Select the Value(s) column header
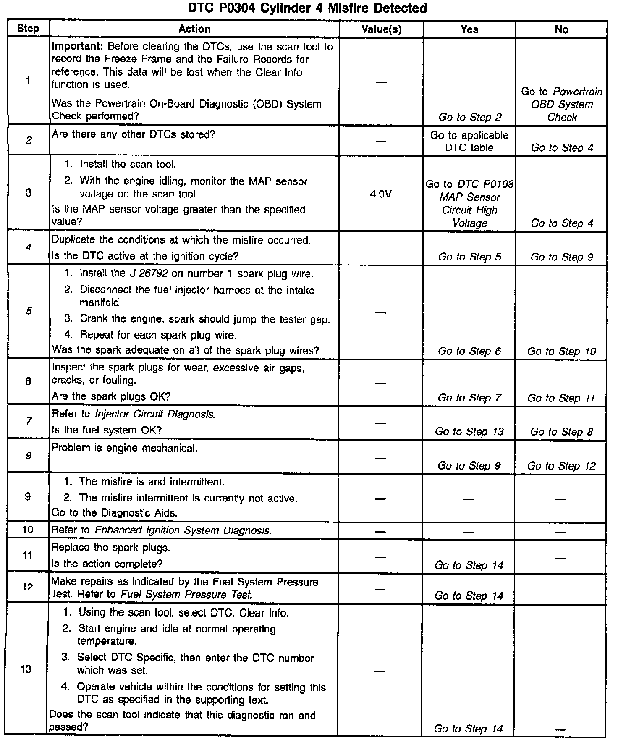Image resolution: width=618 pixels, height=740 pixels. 381,29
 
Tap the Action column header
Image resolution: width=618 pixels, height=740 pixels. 194,29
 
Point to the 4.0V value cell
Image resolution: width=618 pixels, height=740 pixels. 381,194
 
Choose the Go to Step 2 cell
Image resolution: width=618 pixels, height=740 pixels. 470,117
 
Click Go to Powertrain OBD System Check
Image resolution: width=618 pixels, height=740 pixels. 562,104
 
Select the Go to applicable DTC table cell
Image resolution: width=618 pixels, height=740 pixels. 469,141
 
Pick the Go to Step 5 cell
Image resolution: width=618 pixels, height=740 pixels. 469,257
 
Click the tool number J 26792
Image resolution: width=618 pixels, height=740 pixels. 149,274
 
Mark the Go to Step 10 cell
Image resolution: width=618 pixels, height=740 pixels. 562,351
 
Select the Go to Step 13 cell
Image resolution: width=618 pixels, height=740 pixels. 469,431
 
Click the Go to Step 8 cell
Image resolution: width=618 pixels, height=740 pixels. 562,431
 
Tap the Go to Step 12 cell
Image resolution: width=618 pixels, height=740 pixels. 562,465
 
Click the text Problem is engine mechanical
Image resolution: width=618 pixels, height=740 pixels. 124,448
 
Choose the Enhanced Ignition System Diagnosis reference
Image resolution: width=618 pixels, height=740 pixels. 183,530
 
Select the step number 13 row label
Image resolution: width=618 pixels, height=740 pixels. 26,669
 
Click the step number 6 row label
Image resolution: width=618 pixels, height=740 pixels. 28,381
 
